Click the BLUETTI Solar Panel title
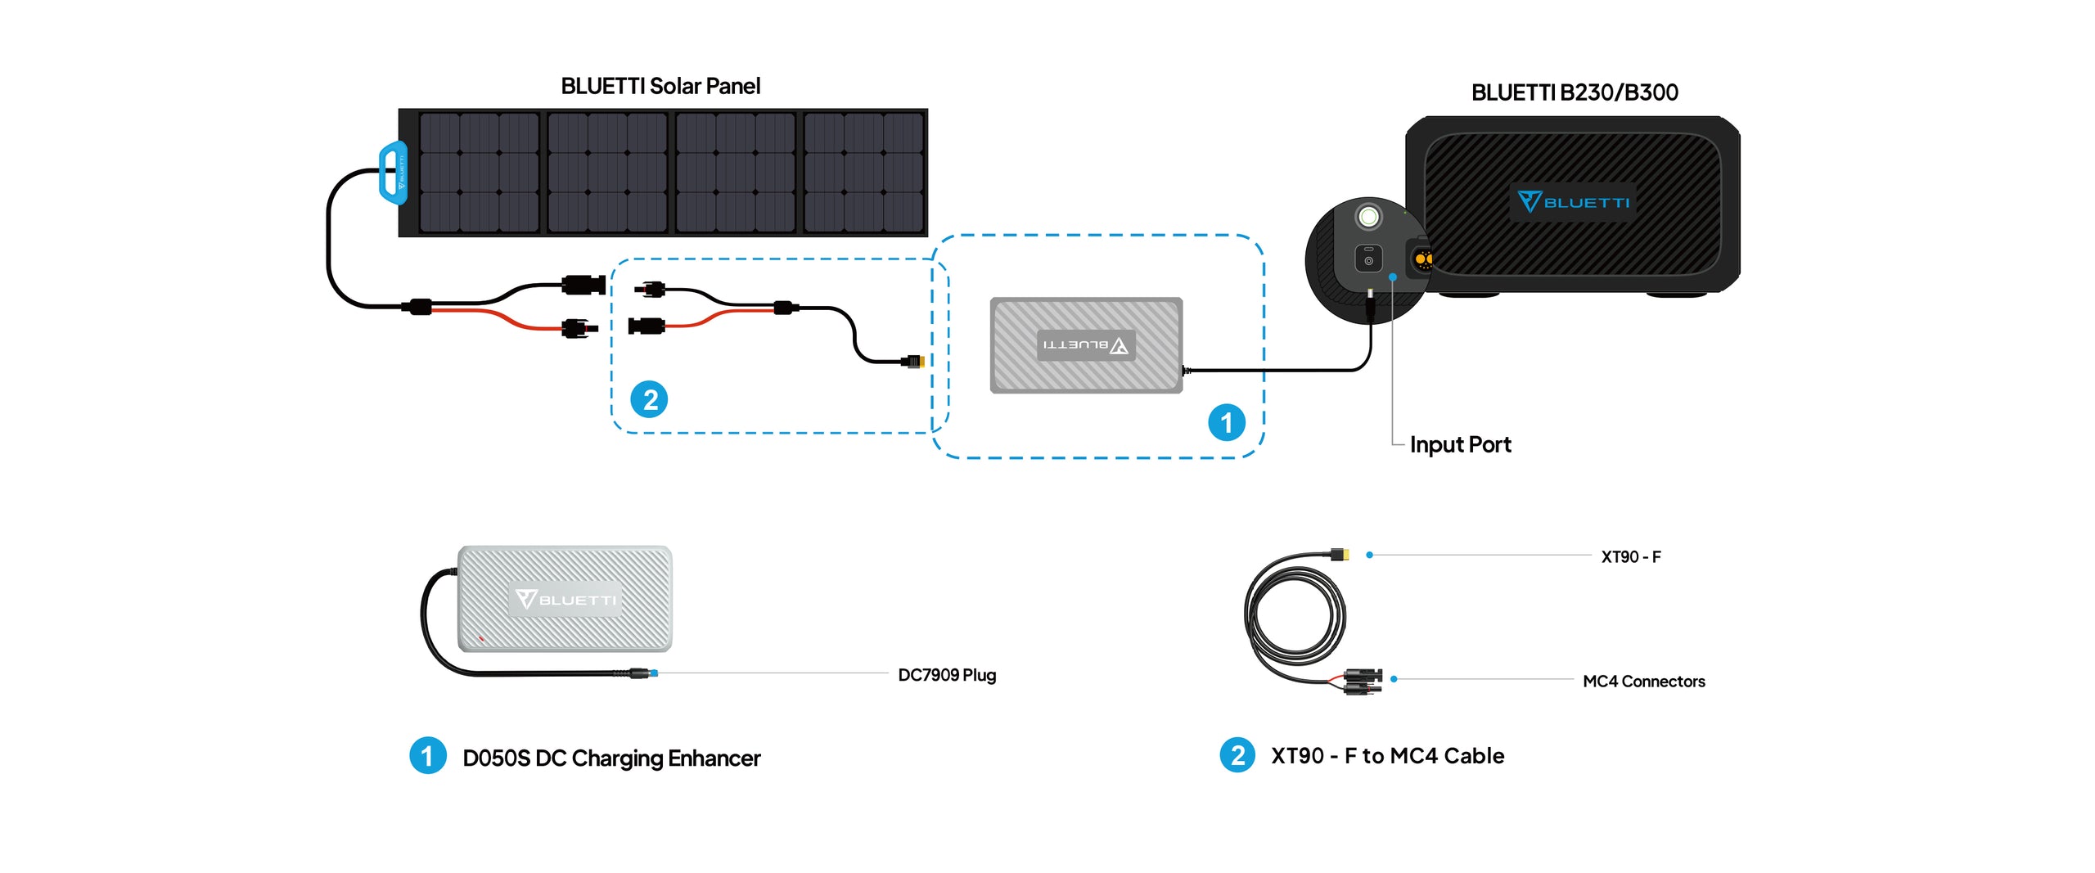point(660,86)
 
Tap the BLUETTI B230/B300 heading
point(1574,92)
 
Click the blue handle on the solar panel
point(394,173)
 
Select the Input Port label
point(1460,444)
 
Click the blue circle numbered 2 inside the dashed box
point(649,399)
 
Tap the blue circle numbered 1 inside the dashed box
point(1226,422)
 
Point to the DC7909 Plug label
point(947,675)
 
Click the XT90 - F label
point(1630,557)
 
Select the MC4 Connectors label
point(1643,682)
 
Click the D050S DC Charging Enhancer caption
point(611,758)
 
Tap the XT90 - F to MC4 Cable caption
point(1387,756)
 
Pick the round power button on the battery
point(1368,217)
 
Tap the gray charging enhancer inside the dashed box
point(1086,345)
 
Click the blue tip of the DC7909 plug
point(653,673)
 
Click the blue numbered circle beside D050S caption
point(427,755)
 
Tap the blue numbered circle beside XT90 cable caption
point(1237,755)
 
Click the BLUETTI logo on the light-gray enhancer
point(565,600)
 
